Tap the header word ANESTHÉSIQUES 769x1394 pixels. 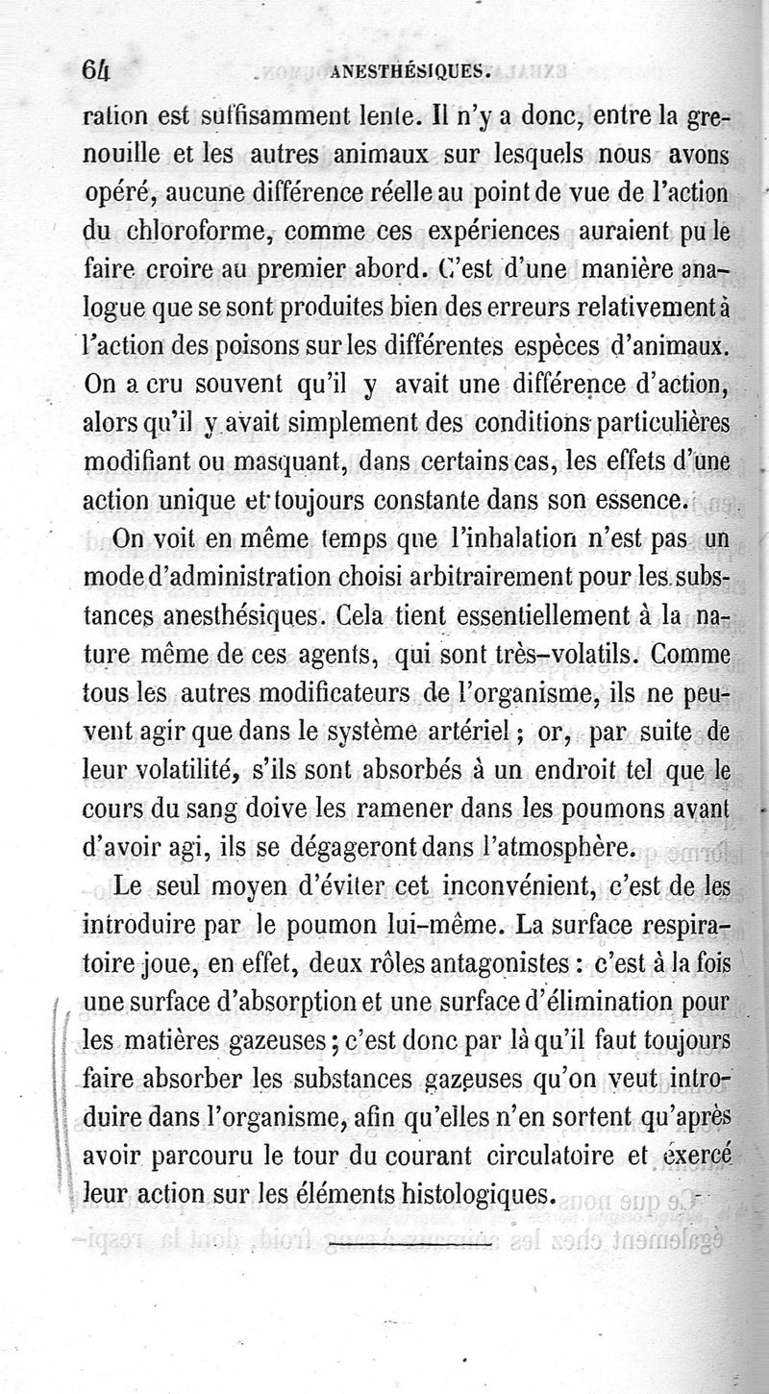coord(410,69)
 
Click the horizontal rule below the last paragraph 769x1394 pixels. coord(409,1247)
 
